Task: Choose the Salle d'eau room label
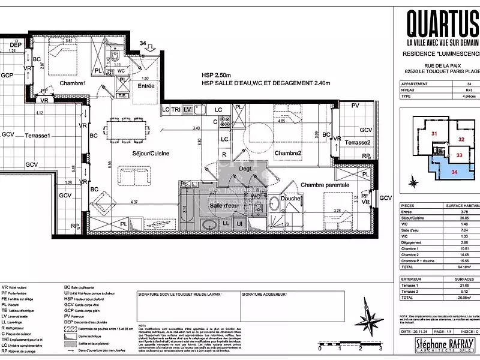223,205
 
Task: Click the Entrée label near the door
146,86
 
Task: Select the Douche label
291,199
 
